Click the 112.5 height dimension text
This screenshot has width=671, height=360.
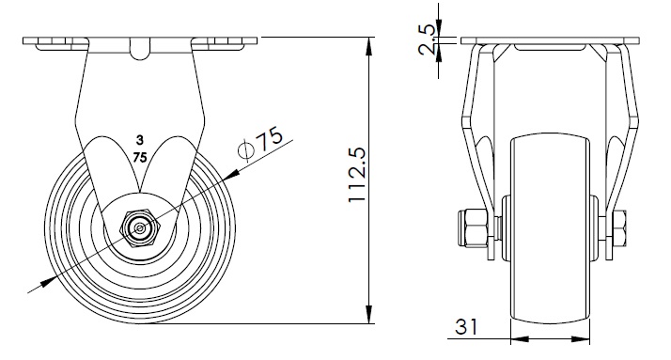pyautogui.click(x=357, y=175)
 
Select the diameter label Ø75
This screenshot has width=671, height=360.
pyautogui.click(x=260, y=144)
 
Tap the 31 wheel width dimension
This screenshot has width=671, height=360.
pyautogui.click(x=466, y=326)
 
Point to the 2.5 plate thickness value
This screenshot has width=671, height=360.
pyautogui.click(x=427, y=39)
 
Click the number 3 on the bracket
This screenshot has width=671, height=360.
pyautogui.click(x=139, y=140)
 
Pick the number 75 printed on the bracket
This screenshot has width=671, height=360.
pyautogui.click(x=140, y=158)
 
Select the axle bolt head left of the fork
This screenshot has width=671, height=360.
pyautogui.click(x=473, y=228)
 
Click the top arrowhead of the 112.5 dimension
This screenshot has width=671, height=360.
pyautogui.click(x=368, y=46)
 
